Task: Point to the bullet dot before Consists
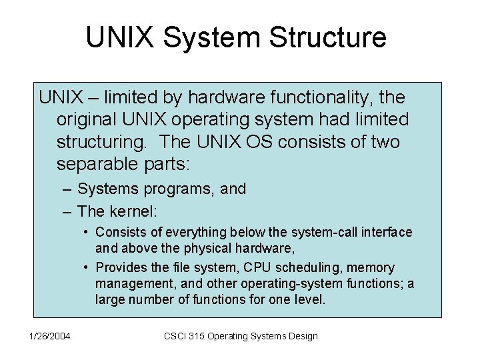87,233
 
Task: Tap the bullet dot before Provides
87,268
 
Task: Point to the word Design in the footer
301,336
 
